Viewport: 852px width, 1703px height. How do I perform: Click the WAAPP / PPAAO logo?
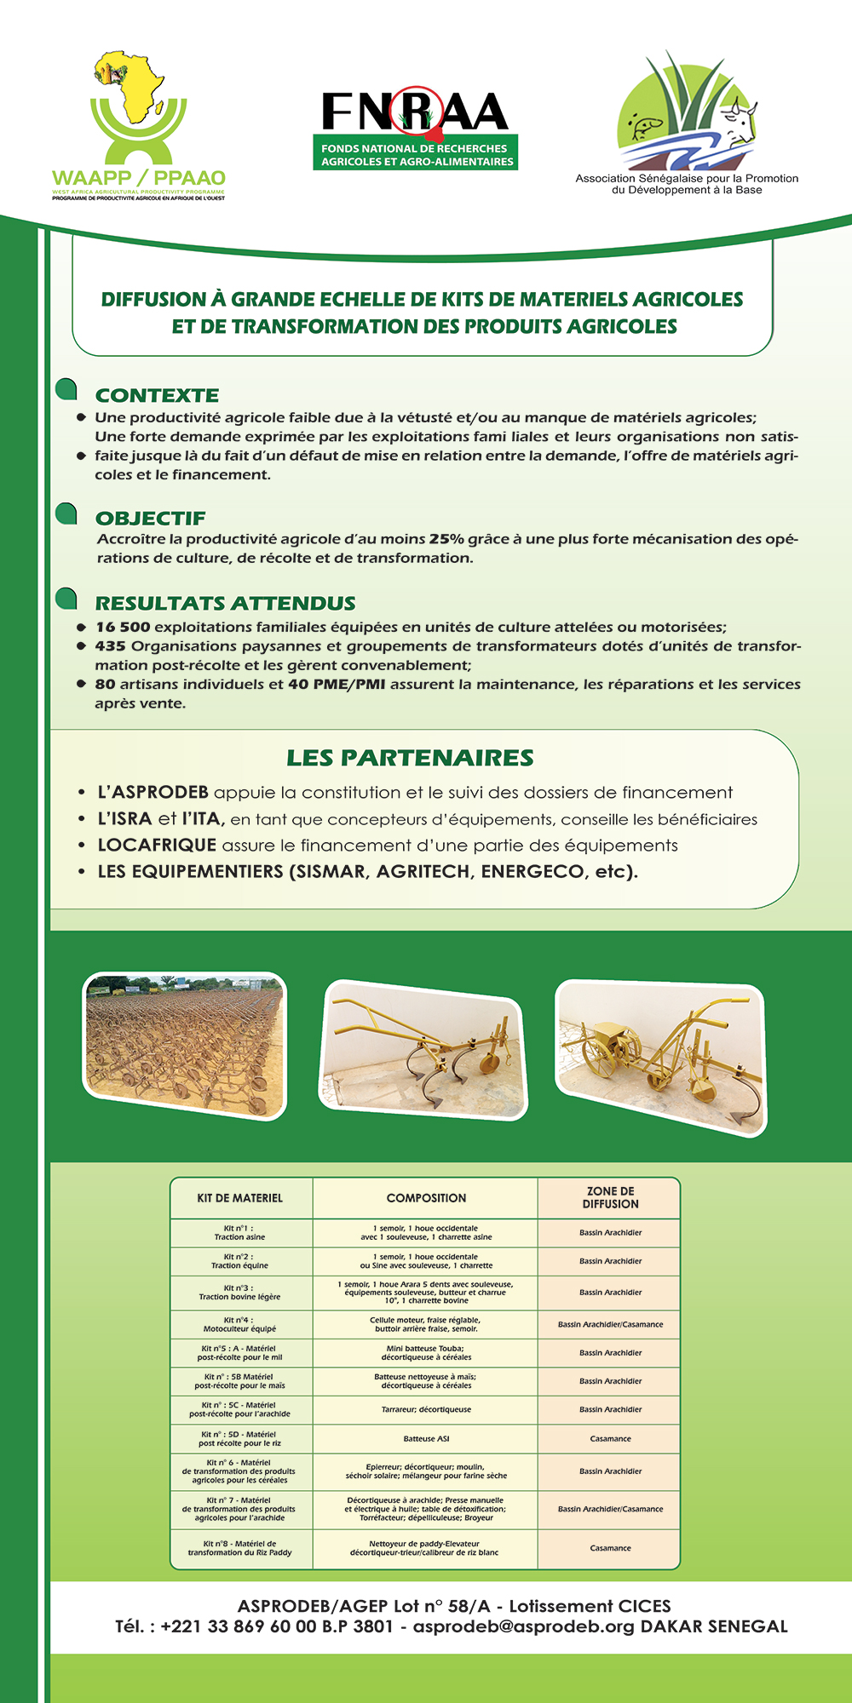[139, 128]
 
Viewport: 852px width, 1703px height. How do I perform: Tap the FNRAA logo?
[416, 128]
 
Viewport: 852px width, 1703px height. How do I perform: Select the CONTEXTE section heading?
[157, 395]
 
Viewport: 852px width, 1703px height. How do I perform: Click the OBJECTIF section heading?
[150, 518]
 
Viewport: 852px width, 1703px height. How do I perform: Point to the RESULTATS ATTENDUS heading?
[225, 603]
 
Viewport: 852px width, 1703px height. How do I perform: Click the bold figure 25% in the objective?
[446, 539]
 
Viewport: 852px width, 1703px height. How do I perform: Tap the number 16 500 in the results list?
[123, 628]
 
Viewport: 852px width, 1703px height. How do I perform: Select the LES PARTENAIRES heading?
[410, 758]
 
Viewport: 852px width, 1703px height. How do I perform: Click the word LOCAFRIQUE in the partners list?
[157, 846]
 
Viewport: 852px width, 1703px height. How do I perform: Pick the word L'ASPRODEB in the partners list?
[153, 793]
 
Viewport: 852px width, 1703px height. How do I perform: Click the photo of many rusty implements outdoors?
[185, 1046]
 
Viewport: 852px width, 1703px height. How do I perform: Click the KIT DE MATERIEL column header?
[240, 1198]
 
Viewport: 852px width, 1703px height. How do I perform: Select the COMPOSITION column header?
[426, 1198]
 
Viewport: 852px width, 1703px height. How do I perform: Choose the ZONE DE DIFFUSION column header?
[610, 1198]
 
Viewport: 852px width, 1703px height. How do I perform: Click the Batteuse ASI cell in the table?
[426, 1438]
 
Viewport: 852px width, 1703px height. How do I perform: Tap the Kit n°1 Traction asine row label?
[239, 1232]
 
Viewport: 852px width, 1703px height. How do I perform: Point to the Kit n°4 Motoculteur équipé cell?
[239, 1324]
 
